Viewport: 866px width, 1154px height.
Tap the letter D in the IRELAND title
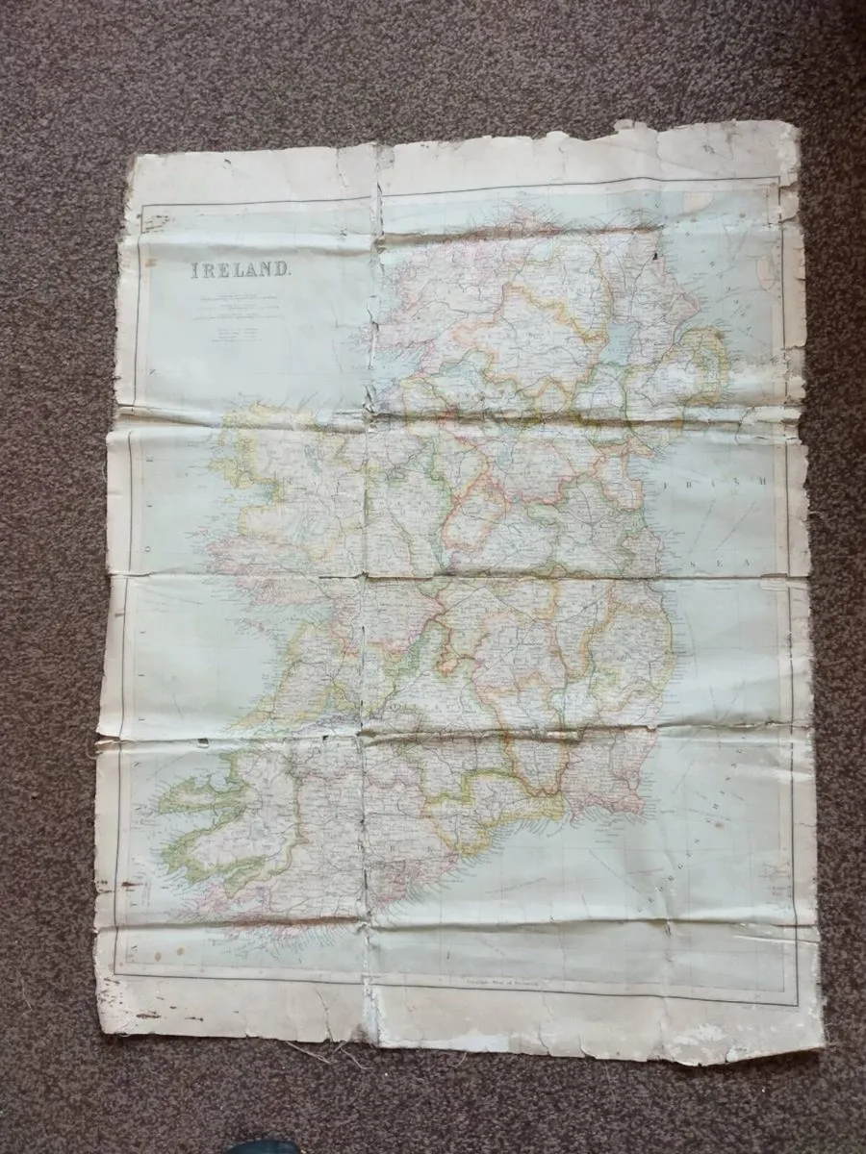point(280,269)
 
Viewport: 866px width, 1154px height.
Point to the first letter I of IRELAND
point(183,268)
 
